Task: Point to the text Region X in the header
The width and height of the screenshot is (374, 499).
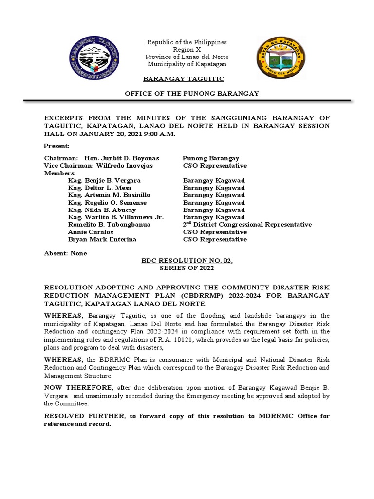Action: [x=187, y=50]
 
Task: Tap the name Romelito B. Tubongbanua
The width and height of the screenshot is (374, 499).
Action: [x=109, y=225]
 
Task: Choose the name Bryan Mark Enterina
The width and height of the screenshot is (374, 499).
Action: [x=102, y=239]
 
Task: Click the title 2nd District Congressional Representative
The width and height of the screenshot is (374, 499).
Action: [x=247, y=225]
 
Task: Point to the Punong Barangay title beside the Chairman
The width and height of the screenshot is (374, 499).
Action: [x=210, y=158]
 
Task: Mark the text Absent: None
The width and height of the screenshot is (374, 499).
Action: [x=65, y=253]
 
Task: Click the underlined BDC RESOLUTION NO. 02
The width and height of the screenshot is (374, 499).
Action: [x=187, y=261]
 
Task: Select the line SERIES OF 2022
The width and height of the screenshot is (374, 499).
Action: [x=187, y=268]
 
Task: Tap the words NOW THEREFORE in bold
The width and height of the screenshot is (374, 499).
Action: [x=78, y=387]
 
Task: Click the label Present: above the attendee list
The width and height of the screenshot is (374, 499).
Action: [x=57, y=146]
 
